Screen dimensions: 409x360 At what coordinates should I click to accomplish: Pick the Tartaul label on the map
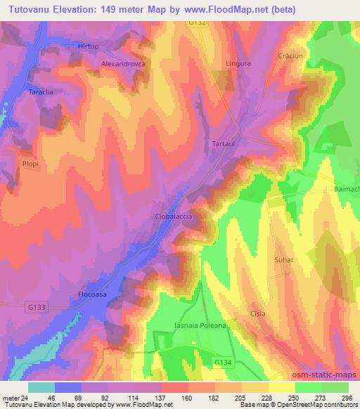(x=225, y=143)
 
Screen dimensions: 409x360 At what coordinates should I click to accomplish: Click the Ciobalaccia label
(x=173, y=217)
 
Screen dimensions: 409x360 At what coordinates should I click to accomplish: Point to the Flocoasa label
(x=93, y=296)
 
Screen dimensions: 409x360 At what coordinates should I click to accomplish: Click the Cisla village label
(x=258, y=313)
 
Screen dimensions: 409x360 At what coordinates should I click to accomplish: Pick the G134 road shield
(x=222, y=362)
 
